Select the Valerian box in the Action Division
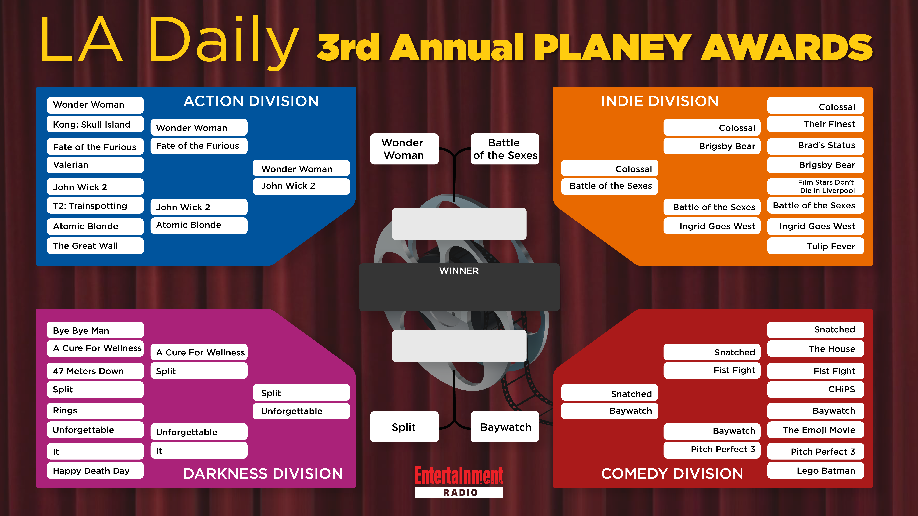(95, 165)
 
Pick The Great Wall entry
(95, 246)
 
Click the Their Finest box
(816, 124)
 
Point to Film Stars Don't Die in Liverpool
(816, 186)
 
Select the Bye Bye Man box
(95, 330)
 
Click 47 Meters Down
(95, 371)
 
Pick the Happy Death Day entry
(95, 470)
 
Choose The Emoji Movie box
(816, 430)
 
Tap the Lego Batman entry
(816, 470)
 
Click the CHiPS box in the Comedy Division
(816, 389)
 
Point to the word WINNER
(459, 271)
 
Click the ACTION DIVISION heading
(251, 101)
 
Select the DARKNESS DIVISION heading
(263, 474)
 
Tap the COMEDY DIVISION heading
(672, 474)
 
